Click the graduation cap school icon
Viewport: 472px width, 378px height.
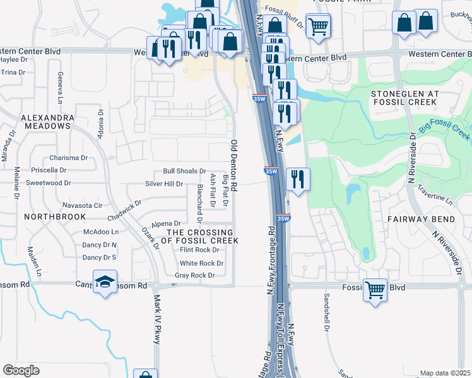click(x=105, y=282)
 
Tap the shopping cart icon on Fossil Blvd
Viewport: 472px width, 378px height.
click(x=375, y=290)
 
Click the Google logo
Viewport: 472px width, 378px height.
click(x=21, y=370)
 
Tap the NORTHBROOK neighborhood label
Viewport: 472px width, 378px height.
click(x=55, y=216)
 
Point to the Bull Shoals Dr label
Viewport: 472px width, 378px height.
click(x=185, y=171)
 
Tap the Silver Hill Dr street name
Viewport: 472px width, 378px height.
click(x=164, y=184)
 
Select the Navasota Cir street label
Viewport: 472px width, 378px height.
click(x=82, y=205)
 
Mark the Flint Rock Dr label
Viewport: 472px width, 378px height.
click(x=199, y=250)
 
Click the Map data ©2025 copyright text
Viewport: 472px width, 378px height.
click(x=445, y=373)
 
